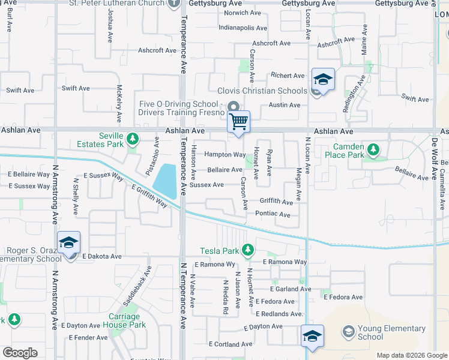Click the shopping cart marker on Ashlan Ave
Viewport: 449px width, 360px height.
tap(239, 122)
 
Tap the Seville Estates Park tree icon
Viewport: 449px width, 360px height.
tap(132, 140)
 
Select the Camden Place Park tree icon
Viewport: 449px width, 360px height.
tap(373, 149)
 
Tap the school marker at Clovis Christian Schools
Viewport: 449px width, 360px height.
tap(323, 80)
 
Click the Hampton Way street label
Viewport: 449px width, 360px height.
tap(225, 155)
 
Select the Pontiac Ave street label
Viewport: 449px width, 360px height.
tap(273, 215)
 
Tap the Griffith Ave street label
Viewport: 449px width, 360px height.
tap(276, 201)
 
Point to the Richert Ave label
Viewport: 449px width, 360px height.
tap(288, 76)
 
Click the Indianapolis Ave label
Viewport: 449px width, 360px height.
tap(243, 28)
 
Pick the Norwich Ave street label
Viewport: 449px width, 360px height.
tap(243, 13)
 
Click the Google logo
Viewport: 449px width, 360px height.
tap(20, 353)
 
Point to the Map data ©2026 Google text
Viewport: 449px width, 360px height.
tap(411, 355)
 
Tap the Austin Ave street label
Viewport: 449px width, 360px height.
tap(285, 105)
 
